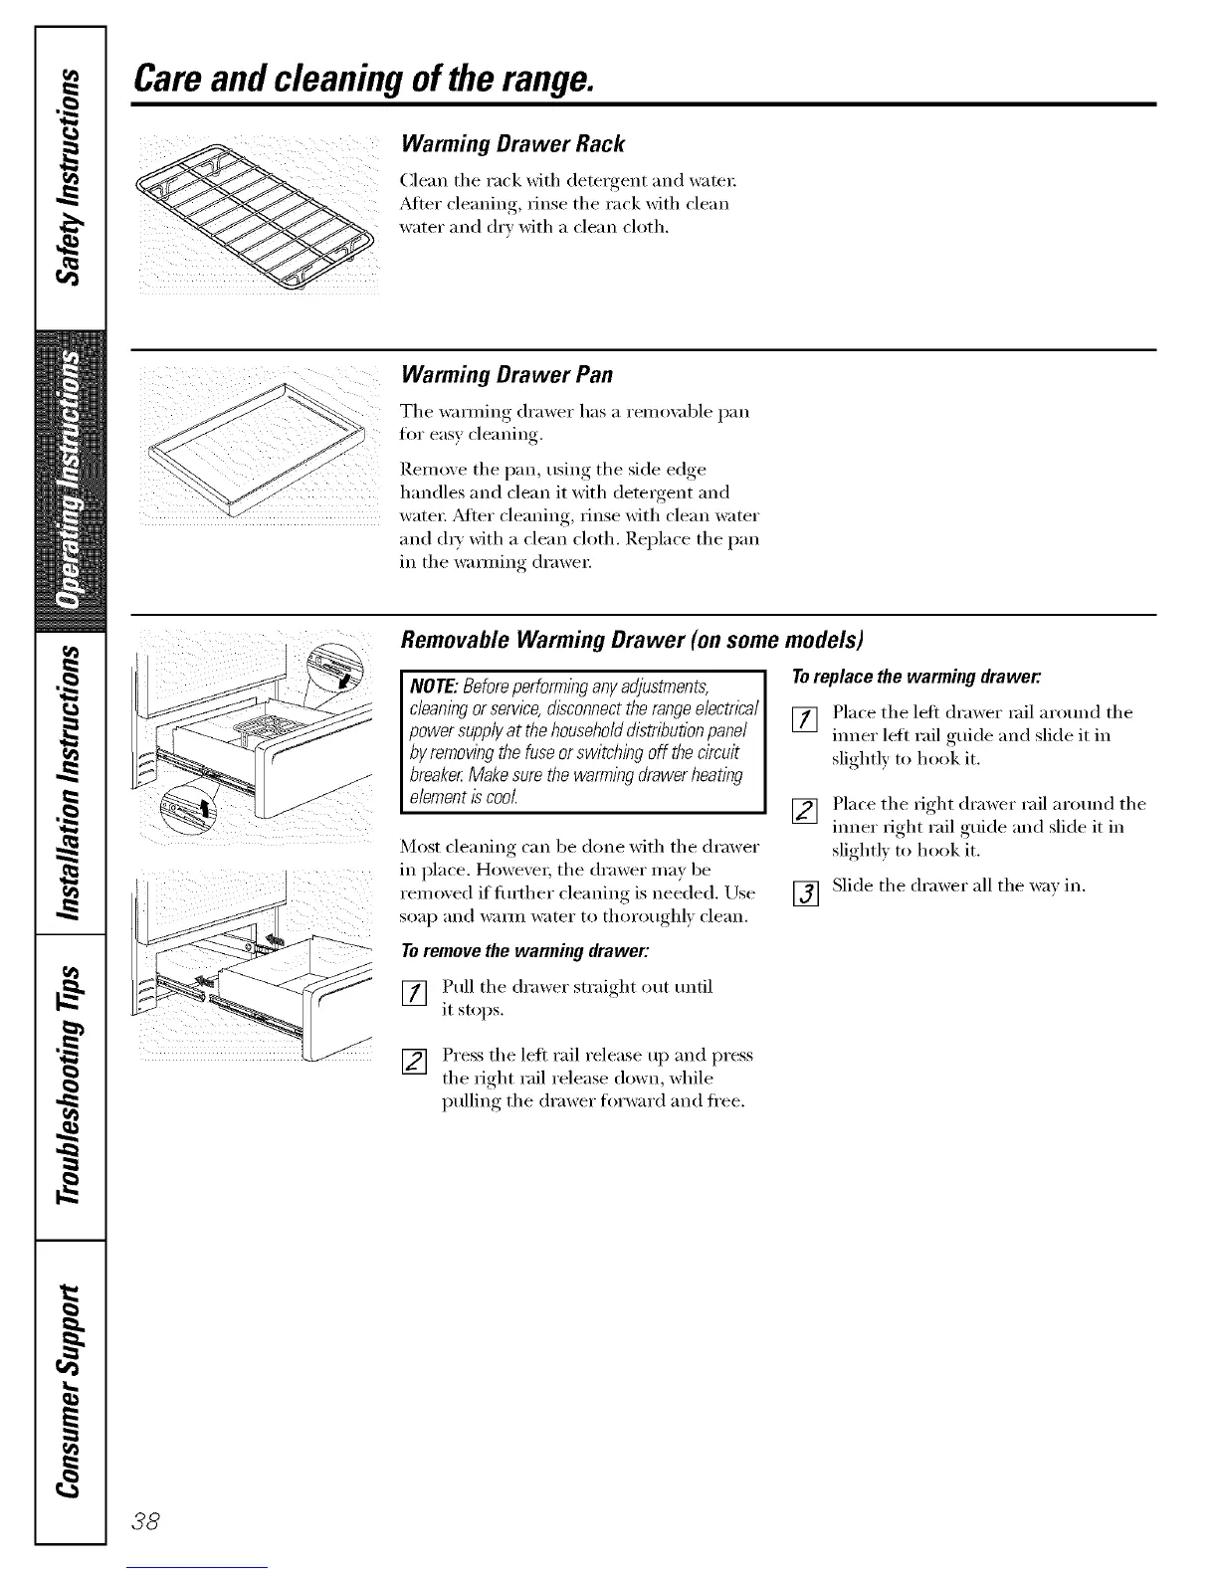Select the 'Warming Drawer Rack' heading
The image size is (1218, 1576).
tap(511, 144)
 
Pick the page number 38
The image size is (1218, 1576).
tap(156, 1521)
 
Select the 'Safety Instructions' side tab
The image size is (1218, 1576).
tap(70, 174)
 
